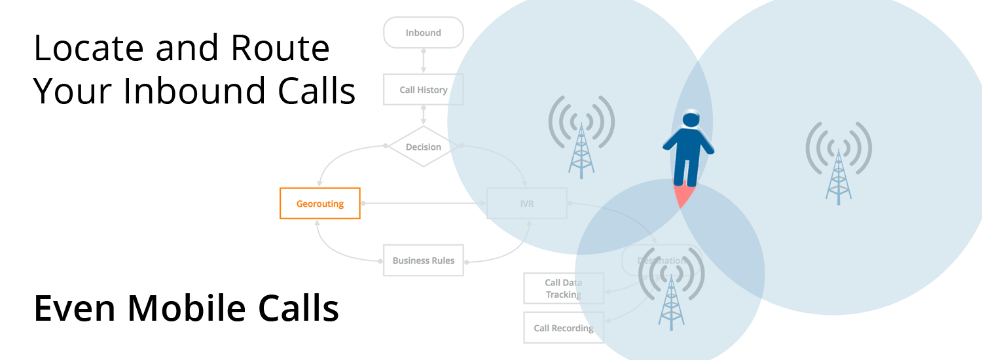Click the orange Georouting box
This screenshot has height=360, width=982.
coord(320,204)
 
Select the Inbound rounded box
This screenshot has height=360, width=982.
coord(424,33)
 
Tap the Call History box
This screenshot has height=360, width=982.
coord(424,90)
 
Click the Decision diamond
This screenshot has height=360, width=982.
coord(424,147)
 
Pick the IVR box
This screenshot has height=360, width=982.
coord(527,204)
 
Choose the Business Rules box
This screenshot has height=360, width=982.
coord(424,261)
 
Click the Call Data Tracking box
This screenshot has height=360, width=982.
coord(563,289)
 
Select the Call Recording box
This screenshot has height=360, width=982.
coord(563,328)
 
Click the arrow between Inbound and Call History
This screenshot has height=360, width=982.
coord(424,61)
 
